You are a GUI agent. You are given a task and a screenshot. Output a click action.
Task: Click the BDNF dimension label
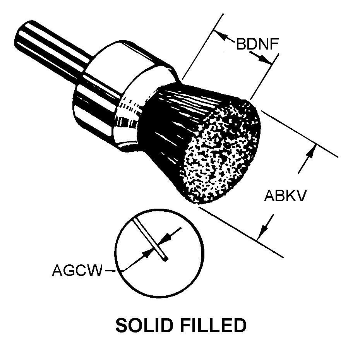point(257,44)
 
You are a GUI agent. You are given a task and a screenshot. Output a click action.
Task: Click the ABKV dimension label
point(285,195)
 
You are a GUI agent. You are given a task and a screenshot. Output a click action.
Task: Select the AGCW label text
point(77,270)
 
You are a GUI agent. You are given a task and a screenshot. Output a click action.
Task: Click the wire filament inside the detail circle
point(150,239)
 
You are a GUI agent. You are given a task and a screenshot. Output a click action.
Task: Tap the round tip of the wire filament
point(165,259)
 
